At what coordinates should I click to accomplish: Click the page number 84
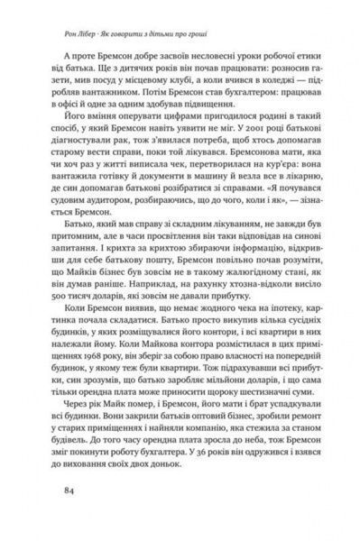click(60, 491)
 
